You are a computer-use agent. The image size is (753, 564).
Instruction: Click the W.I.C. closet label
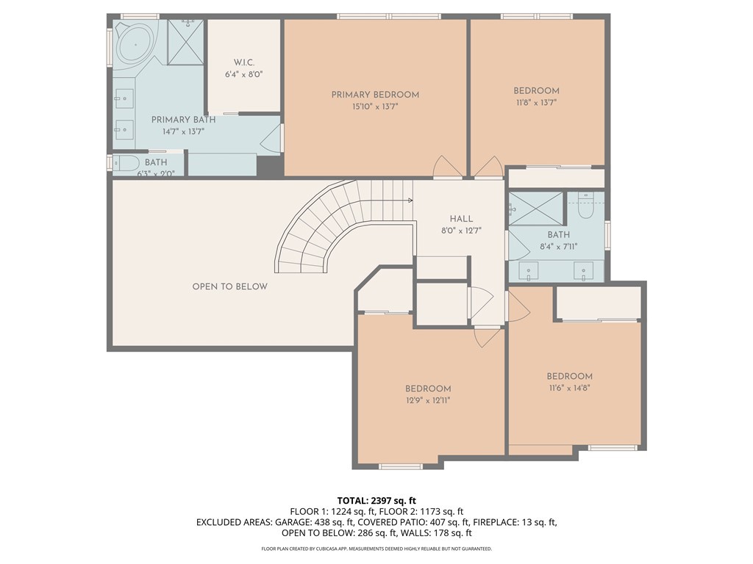(x=244, y=62)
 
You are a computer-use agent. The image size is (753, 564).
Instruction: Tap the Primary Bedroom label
(x=375, y=95)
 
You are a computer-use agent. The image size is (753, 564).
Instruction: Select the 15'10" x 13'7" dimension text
(x=375, y=106)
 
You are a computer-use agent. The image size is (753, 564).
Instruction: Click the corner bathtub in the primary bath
(x=136, y=45)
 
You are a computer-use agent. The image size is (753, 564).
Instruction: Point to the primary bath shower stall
(x=185, y=42)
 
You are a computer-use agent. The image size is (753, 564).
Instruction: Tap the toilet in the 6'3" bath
(x=126, y=162)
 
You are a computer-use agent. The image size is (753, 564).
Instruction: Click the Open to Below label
(x=229, y=286)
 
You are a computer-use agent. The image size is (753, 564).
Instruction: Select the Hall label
(x=461, y=219)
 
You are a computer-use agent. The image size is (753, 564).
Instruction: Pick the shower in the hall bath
(x=535, y=209)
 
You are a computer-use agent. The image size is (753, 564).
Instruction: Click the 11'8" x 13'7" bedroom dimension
(x=536, y=102)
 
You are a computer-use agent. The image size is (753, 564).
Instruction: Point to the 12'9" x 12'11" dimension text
(x=427, y=400)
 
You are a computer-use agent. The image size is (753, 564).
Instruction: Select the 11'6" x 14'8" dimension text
(x=569, y=388)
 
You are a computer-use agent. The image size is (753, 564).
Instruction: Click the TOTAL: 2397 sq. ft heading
(x=376, y=501)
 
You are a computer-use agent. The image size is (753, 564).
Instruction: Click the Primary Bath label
(x=183, y=120)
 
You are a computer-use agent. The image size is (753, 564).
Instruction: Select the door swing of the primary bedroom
(x=448, y=167)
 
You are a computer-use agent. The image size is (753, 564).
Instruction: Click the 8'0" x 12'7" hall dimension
(x=461, y=231)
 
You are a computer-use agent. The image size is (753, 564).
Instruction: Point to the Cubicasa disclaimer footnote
(x=376, y=549)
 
